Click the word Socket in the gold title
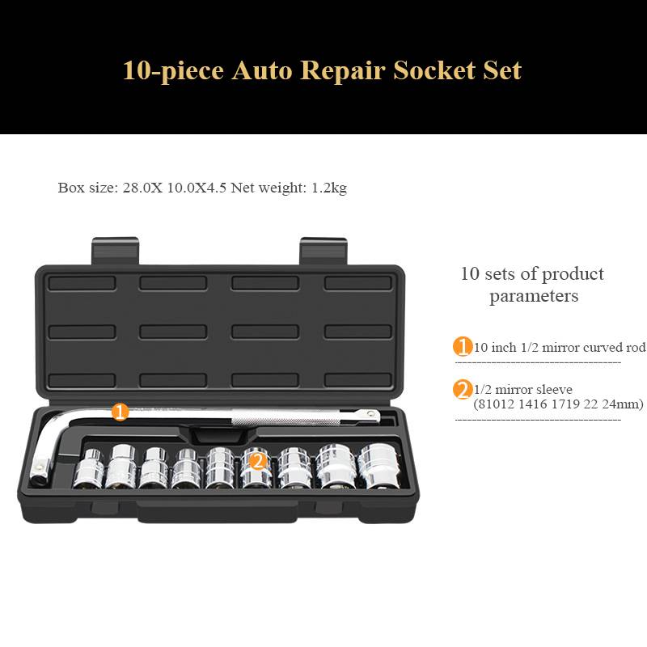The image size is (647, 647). tap(434, 70)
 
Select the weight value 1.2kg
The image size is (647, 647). tap(329, 188)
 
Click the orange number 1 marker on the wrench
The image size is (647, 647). tap(120, 412)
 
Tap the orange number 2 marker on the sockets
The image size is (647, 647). tap(258, 460)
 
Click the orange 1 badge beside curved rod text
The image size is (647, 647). tap(463, 346)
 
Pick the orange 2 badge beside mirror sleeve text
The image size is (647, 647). tap(463, 390)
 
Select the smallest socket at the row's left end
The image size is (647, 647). tap(89, 468)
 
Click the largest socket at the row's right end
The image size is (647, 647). tap(378, 467)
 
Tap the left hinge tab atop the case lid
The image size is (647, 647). tap(115, 250)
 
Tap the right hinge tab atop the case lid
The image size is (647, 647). tap(323, 250)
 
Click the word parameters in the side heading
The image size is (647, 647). tap(534, 296)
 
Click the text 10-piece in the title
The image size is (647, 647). tap(174, 71)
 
